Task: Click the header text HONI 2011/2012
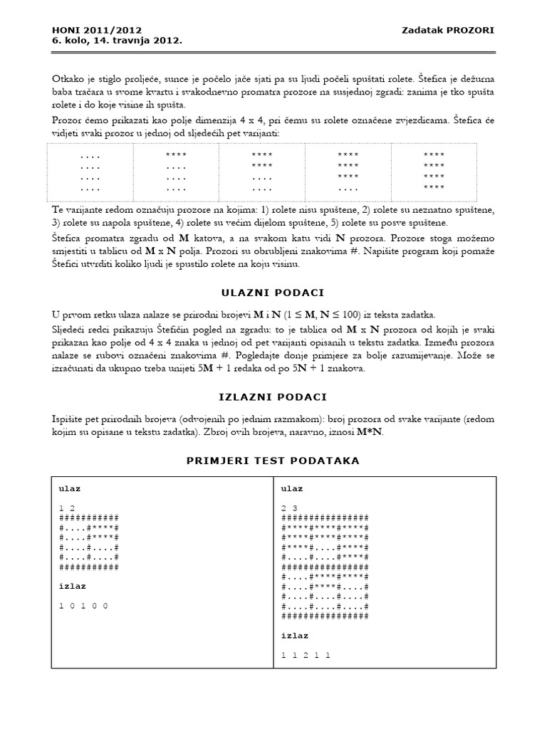tap(97, 30)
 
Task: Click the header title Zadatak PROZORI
tap(448, 30)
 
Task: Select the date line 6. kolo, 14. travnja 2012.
tap(117, 41)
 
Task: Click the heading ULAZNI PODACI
tap(273, 293)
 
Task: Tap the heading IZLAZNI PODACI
tap(273, 397)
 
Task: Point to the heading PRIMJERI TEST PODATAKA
tap(273, 461)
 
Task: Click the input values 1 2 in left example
tap(68, 508)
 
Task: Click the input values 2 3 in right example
tap(289, 508)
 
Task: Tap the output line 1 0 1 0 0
tap(83, 605)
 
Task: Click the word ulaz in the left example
tap(70, 489)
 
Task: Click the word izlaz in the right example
tap(295, 635)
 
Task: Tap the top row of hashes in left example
tap(89, 518)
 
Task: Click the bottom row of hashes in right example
tap(325, 616)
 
